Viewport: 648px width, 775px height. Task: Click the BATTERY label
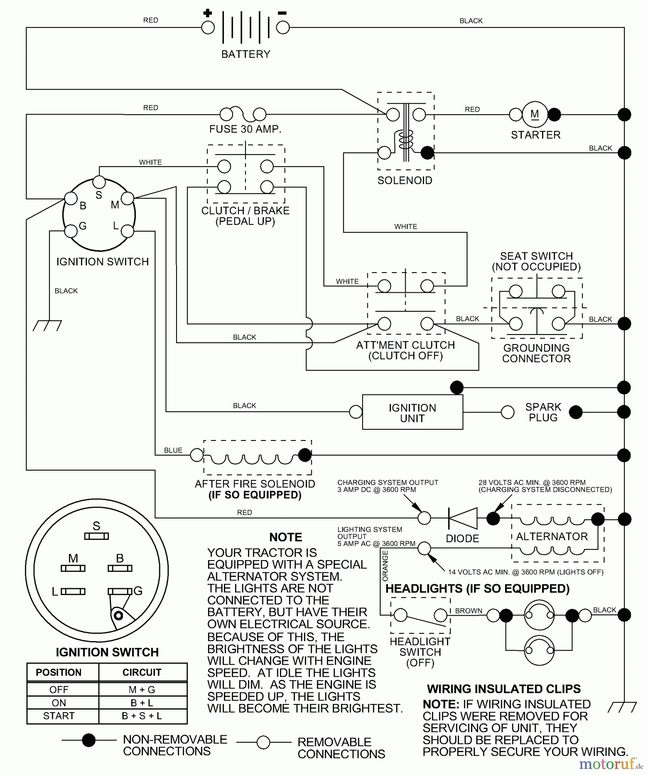tap(245, 54)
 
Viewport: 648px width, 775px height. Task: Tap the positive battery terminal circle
tap(208, 28)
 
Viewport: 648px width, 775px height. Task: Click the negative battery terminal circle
tap(283, 28)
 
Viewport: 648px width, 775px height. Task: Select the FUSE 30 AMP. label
tap(245, 129)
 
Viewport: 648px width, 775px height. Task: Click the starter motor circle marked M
tap(535, 115)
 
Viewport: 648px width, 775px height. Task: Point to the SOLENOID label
tap(405, 180)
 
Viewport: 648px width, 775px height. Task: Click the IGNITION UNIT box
tap(412, 412)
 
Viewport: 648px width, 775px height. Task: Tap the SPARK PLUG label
tap(543, 412)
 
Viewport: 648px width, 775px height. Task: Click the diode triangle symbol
tap(463, 518)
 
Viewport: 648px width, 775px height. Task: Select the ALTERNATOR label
tap(552, 536)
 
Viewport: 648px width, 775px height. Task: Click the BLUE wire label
tap(173, 450)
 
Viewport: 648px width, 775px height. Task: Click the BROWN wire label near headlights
tap(468, 611)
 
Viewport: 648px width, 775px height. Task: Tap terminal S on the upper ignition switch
tap(99, 182)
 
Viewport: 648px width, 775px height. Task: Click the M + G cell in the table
tap(142, 690)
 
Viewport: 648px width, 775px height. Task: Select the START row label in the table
tap(59, 716)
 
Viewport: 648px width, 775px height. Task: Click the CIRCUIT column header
tap(142, 673)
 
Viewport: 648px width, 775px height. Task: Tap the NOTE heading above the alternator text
tap(285, 537)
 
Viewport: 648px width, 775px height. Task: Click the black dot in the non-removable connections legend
tap(89, 740)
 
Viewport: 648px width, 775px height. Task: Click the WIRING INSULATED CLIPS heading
tap(504, 689)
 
